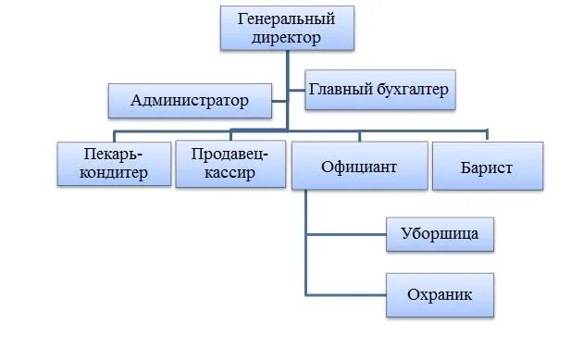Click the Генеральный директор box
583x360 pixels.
coord(287,28)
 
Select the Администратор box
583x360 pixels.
coord(191,100)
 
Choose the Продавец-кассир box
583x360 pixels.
coord(230,164)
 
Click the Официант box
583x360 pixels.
coord(359,167)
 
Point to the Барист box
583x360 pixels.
coord(486,168)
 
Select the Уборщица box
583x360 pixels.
coord(440,233)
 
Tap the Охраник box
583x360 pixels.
coord(440,295)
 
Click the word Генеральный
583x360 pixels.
coord(287,19)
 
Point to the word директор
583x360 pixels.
coord(287,38)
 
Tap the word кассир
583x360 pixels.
coord(229,174)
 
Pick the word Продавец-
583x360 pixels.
coord(230,154)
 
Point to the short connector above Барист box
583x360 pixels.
coord(486,136)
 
